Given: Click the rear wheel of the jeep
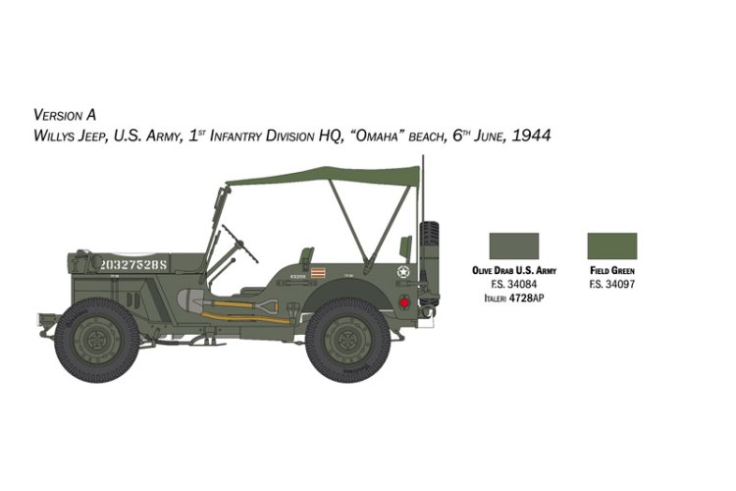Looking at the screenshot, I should point(347,343).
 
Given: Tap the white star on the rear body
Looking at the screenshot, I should point(403,272).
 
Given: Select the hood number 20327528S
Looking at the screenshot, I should point(134,263).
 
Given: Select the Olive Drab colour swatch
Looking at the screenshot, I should point(513,245).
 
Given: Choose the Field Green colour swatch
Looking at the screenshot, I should point(611,245).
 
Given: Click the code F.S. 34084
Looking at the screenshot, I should point(513,284).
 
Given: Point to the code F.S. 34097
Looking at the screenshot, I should point(611,284).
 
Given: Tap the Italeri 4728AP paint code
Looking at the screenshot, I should point(513,296).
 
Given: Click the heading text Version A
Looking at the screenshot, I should point(65,114).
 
